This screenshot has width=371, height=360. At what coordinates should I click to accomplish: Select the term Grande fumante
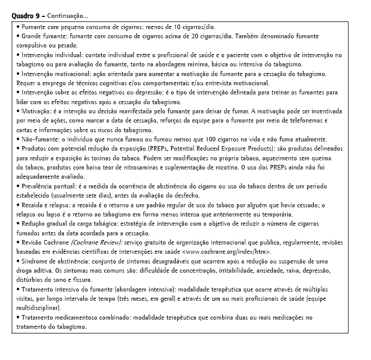tap(41, 36)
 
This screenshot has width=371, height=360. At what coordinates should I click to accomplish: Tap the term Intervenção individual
tap(50, 55)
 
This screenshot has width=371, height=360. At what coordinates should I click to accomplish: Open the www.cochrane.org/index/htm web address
tap(226, 251)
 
